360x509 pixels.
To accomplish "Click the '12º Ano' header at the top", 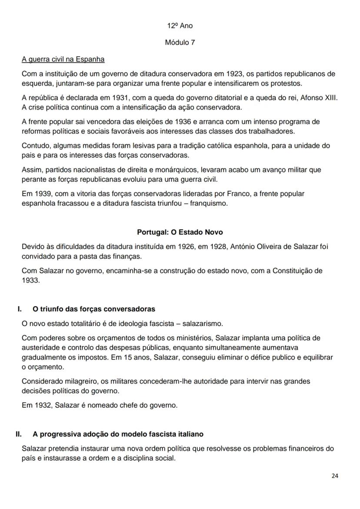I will [x=180, y=26].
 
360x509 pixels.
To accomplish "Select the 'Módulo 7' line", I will [x=180, y=43].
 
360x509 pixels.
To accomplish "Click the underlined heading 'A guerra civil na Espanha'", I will [x=63, y=59].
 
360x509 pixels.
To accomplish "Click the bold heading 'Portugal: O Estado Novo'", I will [x=180, y=232].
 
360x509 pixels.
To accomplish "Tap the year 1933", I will [x=30, y=280].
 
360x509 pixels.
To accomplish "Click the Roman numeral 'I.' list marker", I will [x=20, y=309].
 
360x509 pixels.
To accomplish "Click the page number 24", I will [x=334, y=476].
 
